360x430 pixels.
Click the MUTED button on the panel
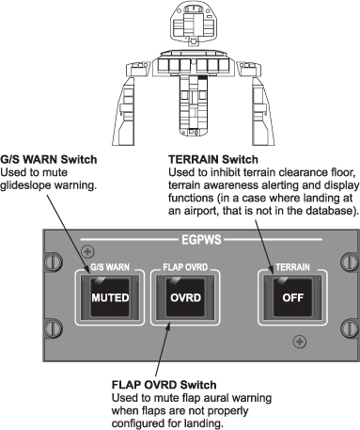tap(110, 297)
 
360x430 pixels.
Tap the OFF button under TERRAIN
tap(292, 297)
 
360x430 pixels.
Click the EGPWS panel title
tap(201, 240)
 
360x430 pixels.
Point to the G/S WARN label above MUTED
tap(110, 267)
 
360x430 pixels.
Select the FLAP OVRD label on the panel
tap(185, 267)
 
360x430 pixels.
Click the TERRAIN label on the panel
tap(292, 267)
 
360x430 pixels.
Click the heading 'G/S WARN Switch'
tap(49, 159)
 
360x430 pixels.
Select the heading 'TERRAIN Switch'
tap(213, 159)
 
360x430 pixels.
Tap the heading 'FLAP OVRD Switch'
tap(164, 385)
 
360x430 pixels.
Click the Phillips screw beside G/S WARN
tap(87, 251)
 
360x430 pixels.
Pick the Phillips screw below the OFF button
tap(300, 342)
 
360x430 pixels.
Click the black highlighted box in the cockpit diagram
tap(203, 77)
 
